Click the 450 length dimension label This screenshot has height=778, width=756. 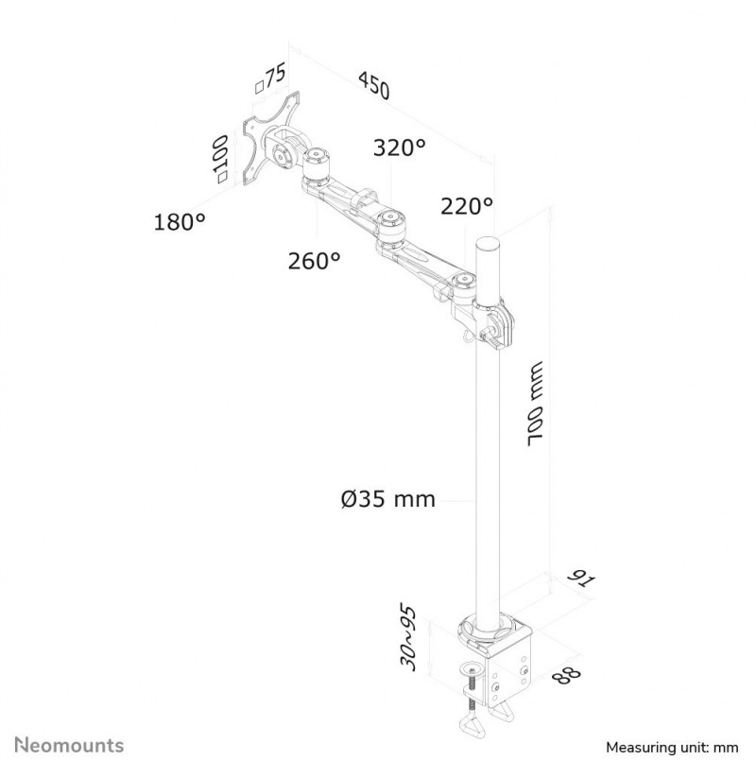[x=374, y=85]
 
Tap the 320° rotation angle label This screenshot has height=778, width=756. [x=400, y=147]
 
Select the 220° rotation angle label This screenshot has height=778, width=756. [x=467, y=205]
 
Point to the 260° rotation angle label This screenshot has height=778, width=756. [x=314, y=261]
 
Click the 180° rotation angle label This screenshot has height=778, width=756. [x=180, y=221]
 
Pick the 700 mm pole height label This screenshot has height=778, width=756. [x=536, y=404]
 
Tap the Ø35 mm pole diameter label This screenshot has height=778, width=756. [x=387, y=498]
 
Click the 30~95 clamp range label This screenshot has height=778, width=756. [x=407, y=637]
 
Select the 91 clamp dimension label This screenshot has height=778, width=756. [x=580, y=578]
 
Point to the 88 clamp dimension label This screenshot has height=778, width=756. [x=566, y=675]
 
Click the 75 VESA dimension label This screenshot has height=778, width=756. [x=270, y=78]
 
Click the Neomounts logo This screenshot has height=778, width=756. [x=69, y=745]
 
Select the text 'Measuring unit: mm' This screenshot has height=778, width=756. [x=672, y=747]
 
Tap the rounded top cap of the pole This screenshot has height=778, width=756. [x=486, y=245]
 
